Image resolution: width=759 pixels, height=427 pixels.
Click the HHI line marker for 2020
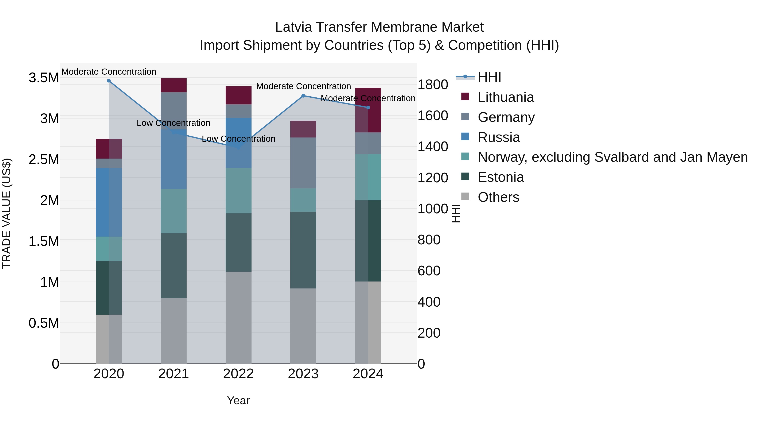[109, 81]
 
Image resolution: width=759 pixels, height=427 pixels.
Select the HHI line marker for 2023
[303, 96]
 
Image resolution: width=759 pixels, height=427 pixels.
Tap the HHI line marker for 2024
[368, 108]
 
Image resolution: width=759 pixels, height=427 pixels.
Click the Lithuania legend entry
[506, 97]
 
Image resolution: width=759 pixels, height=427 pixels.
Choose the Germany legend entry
[506, 117]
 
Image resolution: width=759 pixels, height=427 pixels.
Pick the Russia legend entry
[499, 137]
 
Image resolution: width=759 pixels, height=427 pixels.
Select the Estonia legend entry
[501, 177]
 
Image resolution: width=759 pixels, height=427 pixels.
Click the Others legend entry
[498, 197]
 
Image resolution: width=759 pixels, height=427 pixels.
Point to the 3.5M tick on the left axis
[44, 78]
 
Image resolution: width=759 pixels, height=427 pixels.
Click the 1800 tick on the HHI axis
[433, 85]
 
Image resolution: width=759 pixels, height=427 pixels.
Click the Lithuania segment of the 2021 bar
[174, 85]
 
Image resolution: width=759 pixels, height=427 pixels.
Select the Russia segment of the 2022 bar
[238, 143]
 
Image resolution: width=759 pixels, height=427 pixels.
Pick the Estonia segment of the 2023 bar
[303, 250]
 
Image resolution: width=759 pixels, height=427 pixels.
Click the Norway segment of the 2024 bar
[368, 177]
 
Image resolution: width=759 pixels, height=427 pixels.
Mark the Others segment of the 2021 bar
[174, 331]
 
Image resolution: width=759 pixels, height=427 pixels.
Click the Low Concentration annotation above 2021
[173, 123]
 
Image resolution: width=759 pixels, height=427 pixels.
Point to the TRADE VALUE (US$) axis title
[7, 213]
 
